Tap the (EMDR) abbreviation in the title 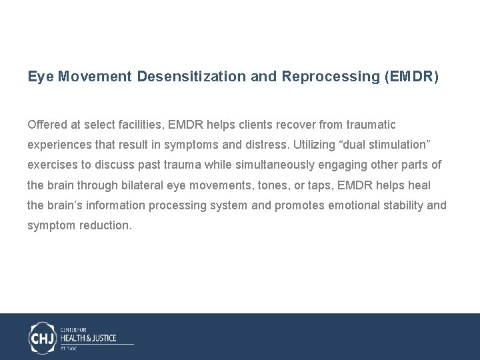[x=412, y=77]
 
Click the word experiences [x=59, y=145]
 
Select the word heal [x=418, y=185]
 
